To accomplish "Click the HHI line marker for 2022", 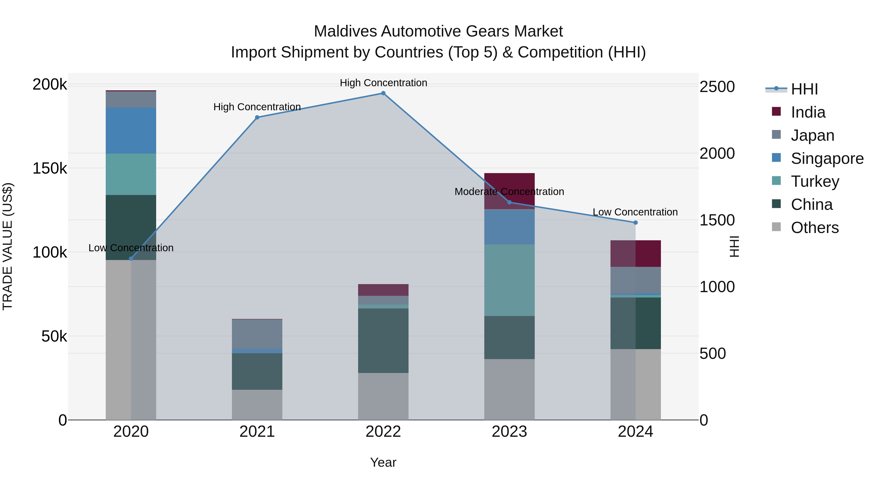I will [x=383, y=93].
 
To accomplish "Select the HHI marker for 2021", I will [x=257, y=117].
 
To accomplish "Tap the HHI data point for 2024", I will [x=635, y=223].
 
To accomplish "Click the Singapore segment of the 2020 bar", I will [x=131, y=131].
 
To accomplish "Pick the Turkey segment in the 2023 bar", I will [x=509, y=280].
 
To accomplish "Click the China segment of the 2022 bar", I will [x=383, y=340].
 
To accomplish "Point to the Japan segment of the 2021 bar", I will [x=257, y=334].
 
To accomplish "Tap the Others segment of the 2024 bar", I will [x=635, y=384].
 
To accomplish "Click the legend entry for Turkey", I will [x=815, y=181].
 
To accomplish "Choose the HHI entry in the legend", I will [x=804, y=89].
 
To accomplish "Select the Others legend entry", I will [x=814, y=228].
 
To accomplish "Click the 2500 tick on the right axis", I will [x=717, y=87].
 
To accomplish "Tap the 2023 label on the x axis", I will [x=509, y=432].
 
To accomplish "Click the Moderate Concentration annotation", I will [x=509, y=192].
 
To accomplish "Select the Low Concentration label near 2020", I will [x=131, y=248].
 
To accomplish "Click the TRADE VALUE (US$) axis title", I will [x=8, y=246].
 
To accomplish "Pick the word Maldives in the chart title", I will [x=345, y=31].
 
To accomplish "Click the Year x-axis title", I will [x=383, y=462].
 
